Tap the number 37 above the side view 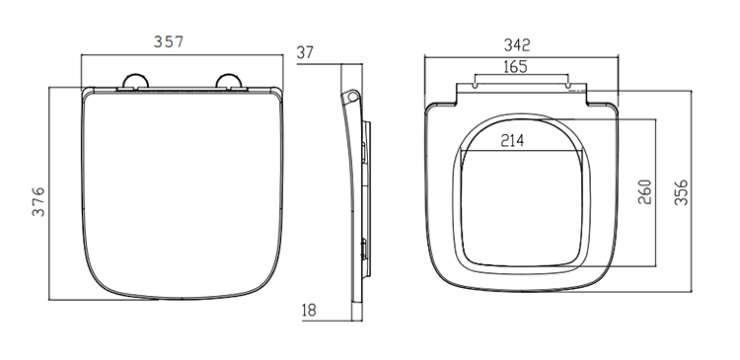pyautogui.click(x=304, y=53)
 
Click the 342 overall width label pyautogui.click(x=517, y=44)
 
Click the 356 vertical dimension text pyautogui.click(x=683, y=192)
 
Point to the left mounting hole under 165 pyautogui.click(x=477, y=85)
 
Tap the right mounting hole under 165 pyautogui.click(x=569, y=85)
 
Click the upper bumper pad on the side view pyautogui.click(x=366, y=148)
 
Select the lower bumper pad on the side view pyautogui.click(x=366, y=247)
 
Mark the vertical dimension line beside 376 pyautogui.click(x=51, y=196)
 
